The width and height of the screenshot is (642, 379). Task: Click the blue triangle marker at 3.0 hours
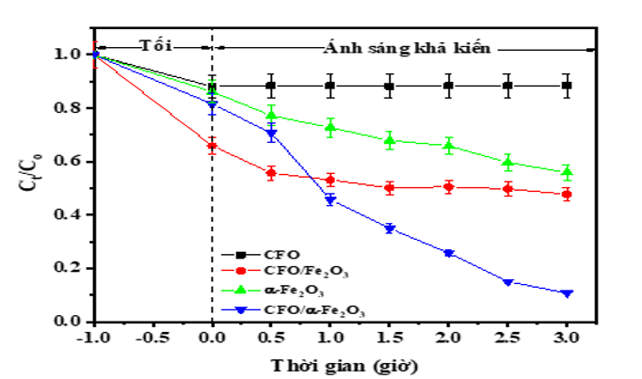coord(567,293)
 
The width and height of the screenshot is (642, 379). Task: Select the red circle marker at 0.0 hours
coord(213,146)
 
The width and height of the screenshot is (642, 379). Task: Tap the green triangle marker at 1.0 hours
coord(330,126)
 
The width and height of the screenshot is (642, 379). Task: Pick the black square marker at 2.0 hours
coord(449,86)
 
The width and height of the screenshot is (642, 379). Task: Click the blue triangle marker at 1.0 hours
coord(330,199)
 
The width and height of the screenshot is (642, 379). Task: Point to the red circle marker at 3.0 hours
coord(567,195)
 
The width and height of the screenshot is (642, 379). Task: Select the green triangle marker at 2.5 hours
coord(508,162)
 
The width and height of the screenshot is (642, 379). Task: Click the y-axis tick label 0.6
coord(71,162)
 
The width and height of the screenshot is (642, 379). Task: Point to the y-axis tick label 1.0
coord(71,55)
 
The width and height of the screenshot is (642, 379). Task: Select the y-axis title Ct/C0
coord(29,187)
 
